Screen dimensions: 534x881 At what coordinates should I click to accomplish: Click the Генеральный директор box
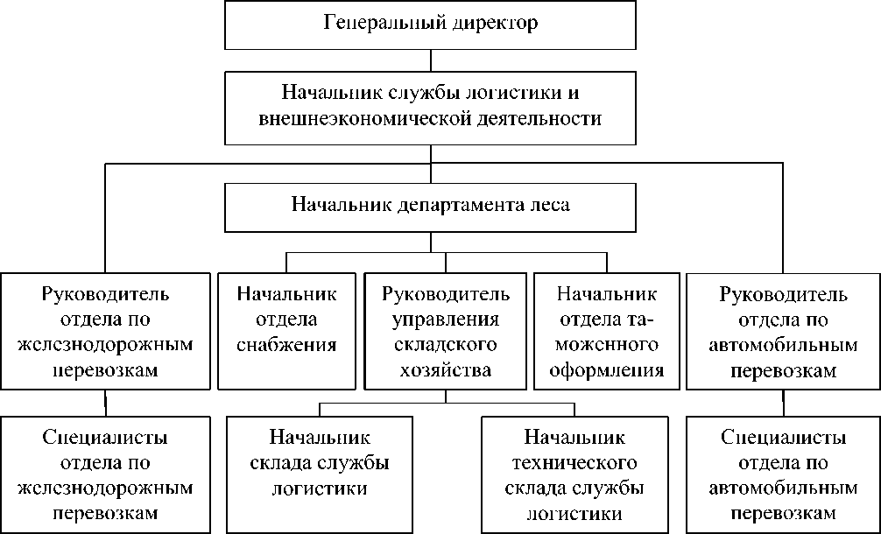point(430,25)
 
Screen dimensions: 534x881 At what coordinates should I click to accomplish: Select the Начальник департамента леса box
point(430,206)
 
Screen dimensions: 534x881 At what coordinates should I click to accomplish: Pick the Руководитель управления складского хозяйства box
point(446,331)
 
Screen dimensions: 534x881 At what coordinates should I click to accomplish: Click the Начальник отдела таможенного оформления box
point(606,331)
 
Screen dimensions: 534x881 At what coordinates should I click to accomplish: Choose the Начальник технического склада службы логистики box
point(574,474)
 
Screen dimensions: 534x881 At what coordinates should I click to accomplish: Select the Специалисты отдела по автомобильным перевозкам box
point(783,474)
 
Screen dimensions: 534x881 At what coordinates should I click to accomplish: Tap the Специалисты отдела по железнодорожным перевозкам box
point(105,474)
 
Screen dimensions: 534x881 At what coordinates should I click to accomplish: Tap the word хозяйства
point(446,370)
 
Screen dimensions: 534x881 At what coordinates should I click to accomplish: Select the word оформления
point(606,370)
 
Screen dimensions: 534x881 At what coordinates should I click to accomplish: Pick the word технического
point(574,462)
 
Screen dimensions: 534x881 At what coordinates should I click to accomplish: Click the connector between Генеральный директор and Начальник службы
point(430,60)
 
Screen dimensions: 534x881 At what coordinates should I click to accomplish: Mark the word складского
point(446,344)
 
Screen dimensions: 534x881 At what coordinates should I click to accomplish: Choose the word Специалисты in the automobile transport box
point(783,436)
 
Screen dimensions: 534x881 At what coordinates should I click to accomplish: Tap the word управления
point(446,318)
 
